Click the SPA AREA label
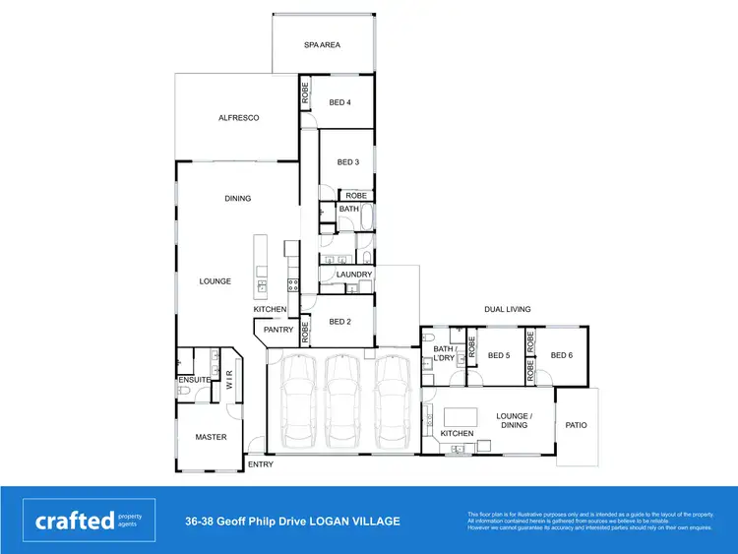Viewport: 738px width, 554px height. pyautogui.click(x=322, y=44)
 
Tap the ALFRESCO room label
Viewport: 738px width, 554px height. pyautogui.click(x=238, y=118)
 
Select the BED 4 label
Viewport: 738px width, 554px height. pyautogui.click(x=339, y=102)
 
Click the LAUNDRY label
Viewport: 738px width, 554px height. pyautogui.click(x=353, y=275)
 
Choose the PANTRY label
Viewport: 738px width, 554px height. pyautogui.click(x=278, y=330)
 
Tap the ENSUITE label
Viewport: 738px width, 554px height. pyautogui.click(x=193, y=380)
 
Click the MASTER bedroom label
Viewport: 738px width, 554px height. pyautogui.click(x=211, y=437)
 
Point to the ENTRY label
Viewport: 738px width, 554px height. pyautogui.click(x=261, y=464)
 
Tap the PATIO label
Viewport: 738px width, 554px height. pyautogui.click(x=576, y=426)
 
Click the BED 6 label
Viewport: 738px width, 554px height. pyautogui.click(x=562, y=355)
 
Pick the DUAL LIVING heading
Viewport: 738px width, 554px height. pyautogui.click(x=507, y=309)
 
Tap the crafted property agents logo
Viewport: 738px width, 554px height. pyautogui.click(x=89, y=521)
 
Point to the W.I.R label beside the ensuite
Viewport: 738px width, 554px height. pyautogui.click(x=229, y=381)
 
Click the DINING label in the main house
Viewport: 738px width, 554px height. pyautogui.click(x=238, y=199)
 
